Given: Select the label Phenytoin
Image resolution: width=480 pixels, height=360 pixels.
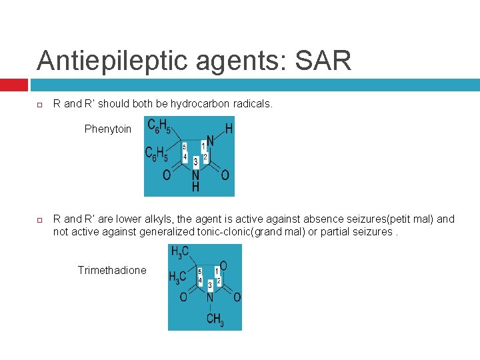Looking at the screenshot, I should [108, 129].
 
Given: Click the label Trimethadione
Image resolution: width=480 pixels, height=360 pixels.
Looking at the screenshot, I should [112, 270].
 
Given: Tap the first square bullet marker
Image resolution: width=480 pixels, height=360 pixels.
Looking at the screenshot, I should [39, 105].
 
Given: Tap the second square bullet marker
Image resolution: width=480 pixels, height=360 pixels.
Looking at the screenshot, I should [39, 219].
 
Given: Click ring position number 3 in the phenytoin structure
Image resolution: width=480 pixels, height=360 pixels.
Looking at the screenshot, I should [195, 161].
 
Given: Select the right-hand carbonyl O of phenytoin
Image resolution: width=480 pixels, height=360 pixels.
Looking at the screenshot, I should [225, 175].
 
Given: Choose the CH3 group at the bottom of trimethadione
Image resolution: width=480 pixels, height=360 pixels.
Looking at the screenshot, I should [215, 320].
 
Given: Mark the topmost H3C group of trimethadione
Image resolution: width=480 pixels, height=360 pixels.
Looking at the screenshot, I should [180, 252].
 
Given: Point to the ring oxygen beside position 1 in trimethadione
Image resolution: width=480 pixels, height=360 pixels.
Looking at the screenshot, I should [223, 266].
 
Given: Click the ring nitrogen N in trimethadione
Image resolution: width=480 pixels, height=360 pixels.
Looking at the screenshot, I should [209, 297].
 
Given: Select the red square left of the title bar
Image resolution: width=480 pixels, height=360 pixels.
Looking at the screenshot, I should [13, 85].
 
